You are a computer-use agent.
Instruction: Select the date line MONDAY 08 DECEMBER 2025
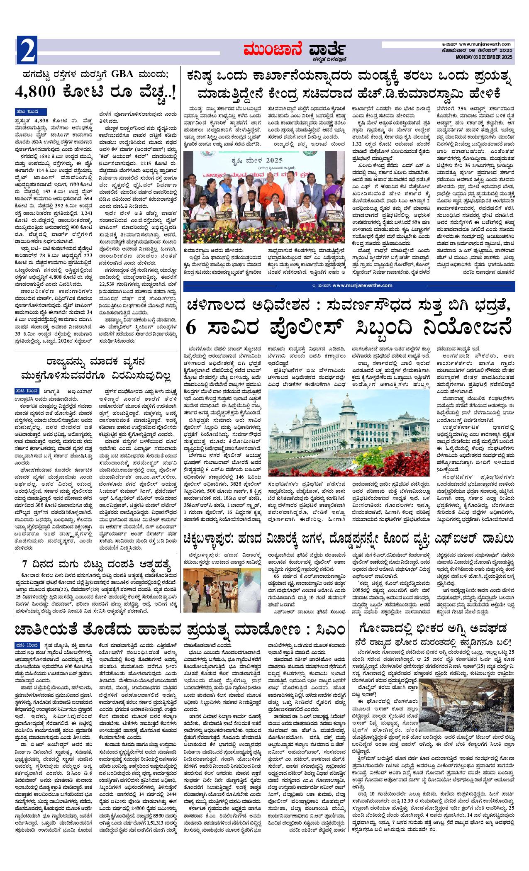click(484, 57)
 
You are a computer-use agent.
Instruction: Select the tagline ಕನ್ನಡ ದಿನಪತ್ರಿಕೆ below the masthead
click(330, 58)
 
